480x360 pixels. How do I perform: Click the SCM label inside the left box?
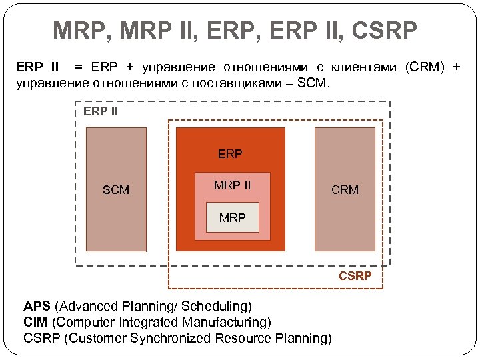pos(116,190)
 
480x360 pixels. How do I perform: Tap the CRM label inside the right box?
pos(345,190)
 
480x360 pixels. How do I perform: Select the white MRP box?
pos(232,218)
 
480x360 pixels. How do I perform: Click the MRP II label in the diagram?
pos(232,185)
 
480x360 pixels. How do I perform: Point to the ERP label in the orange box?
pos(230,154)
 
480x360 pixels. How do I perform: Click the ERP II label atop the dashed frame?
pos(101,111)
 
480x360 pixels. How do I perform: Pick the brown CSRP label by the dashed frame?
pos(355,275)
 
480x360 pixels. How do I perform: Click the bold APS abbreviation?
pos(37,307)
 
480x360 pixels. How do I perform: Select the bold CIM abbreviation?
pos(36,323)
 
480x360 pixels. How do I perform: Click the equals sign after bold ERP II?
pos(79,67)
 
